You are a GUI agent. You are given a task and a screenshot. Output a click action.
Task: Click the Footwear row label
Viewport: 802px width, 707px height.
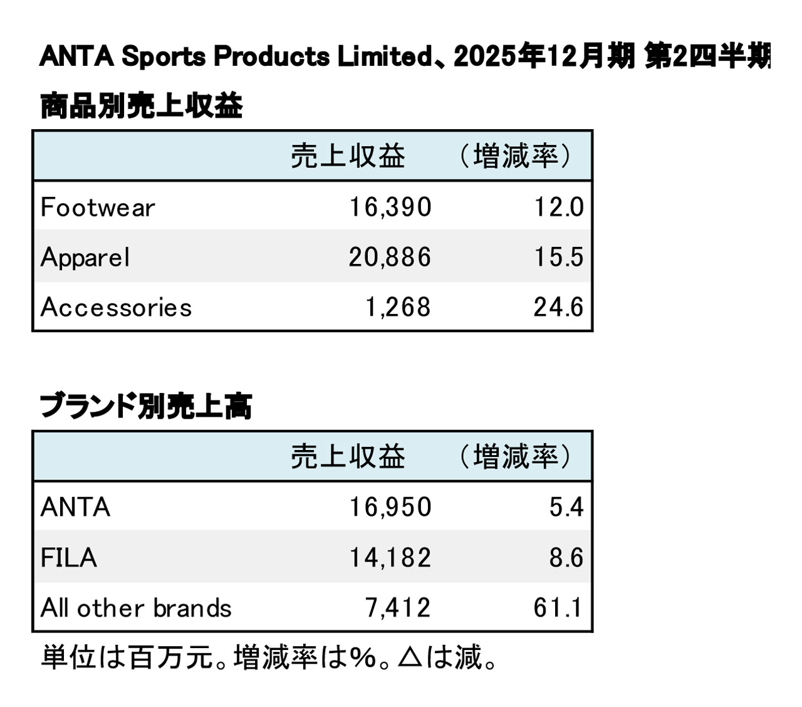coord(98,207)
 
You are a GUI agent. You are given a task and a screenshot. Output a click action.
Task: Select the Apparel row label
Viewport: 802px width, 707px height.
coord(85,258)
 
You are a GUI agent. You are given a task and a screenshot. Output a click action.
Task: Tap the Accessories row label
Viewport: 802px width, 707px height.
coord(116,308)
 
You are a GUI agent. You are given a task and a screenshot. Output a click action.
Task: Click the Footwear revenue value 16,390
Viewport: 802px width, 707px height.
coord(390,207)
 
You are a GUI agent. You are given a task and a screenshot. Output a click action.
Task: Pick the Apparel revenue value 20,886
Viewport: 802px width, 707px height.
coord(390,258)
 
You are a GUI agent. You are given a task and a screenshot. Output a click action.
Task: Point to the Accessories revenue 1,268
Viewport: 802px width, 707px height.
coord(398,308)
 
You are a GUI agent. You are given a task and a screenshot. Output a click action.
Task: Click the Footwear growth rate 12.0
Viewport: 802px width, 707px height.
coord(558,207)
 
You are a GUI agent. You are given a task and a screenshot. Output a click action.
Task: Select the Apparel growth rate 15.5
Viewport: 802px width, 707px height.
coord(558,258)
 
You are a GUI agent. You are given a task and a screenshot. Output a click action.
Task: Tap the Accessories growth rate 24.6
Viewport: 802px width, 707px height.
coord(558,308)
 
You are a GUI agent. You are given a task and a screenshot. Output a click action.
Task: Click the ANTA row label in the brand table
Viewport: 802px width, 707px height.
coord(75,507)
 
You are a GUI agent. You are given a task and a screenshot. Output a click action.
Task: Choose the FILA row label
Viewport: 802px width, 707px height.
coord(69,558)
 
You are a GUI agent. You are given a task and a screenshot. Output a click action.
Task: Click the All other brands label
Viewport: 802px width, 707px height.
coord(136,608)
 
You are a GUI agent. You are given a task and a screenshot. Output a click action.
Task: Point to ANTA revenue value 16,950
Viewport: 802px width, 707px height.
coord(390,507)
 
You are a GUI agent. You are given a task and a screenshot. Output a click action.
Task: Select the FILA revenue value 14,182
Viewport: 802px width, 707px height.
coord(390,558)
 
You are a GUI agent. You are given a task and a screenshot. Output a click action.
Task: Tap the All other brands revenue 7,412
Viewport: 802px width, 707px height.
coord(398,608)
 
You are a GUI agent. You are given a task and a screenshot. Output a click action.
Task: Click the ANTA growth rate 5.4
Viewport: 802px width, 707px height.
coord(566,507)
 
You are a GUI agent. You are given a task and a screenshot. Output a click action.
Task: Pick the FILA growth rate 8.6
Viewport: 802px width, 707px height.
coord(566,558)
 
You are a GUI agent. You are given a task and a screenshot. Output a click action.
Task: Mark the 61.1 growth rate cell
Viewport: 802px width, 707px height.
coord(558,608)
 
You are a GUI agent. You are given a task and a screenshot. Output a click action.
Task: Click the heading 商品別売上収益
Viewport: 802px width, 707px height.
coord(142,106)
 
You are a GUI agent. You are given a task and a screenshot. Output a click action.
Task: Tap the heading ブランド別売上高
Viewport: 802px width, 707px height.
coord(146,406)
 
